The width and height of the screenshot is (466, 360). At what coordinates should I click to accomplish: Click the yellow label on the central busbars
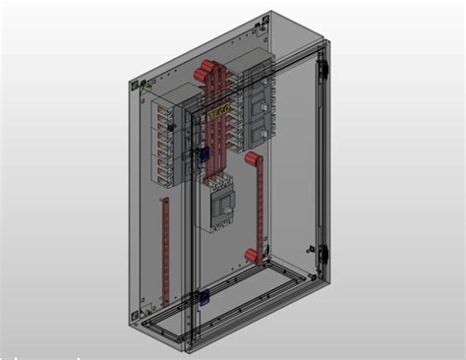(219, 114)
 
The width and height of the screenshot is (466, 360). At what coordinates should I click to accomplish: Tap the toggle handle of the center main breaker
(223, 205)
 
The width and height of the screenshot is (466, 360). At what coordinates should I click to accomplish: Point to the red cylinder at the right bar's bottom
(253, 257)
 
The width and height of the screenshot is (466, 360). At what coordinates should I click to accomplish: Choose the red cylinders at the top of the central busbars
(207, 71)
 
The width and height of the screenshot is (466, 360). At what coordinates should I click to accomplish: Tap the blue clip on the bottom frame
(203, 296)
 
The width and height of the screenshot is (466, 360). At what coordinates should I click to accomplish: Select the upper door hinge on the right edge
(321, 69)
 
